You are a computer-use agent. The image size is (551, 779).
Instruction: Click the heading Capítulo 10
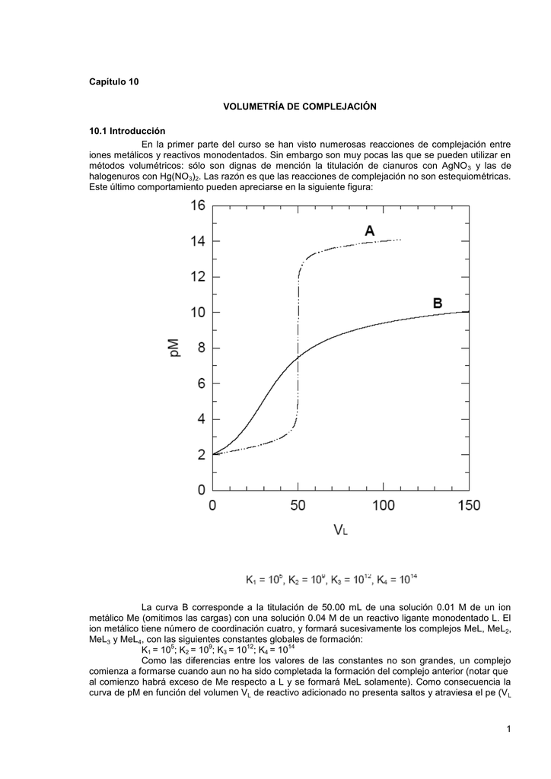point(114,81)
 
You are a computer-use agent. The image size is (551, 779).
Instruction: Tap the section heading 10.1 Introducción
point(127,131)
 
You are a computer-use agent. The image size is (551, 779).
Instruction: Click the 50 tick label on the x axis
point(298,504)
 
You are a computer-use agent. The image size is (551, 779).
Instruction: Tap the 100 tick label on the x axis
point(383,504)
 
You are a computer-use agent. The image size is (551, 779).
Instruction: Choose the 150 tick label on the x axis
point(469,504)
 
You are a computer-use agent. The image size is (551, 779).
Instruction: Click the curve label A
point(369,229)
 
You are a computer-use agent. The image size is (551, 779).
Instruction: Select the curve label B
point(438,302)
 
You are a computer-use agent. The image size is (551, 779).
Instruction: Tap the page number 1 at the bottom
point(508,730)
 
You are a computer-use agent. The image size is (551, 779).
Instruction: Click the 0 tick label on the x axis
point(212,504)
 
